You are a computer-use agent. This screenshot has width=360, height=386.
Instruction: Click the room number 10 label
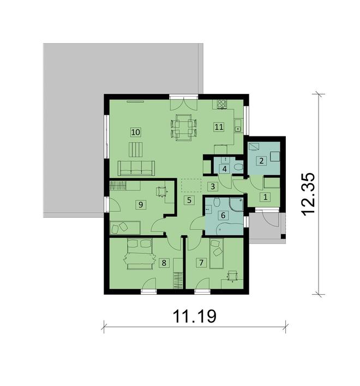pyautogui.click(x=136, y=132)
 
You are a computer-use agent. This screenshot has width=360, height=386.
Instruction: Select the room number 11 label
pyautogui.click(x=219, y=127)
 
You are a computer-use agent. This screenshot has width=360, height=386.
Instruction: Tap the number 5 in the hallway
pyautogui.click(x=188, y=200)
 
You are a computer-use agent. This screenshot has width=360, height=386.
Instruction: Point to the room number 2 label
pyautogui.click(x=262, y=161)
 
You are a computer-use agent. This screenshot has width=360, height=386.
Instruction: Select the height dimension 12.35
pyautogui.click(x=309, y=195)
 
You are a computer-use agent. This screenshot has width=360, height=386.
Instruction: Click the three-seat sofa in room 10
pyautogui.click(x=136, y=168)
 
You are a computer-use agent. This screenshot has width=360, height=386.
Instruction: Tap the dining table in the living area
pyautogui.click(x=184, y=127)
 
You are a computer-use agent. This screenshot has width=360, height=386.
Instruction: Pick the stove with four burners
pyautogui.click(x=223, y=104)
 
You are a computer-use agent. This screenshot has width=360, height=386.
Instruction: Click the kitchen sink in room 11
pyautogui.click(x=237, y=128)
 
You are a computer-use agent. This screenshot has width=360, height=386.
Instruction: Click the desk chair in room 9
pyautogui.click(x=161, y=191)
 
